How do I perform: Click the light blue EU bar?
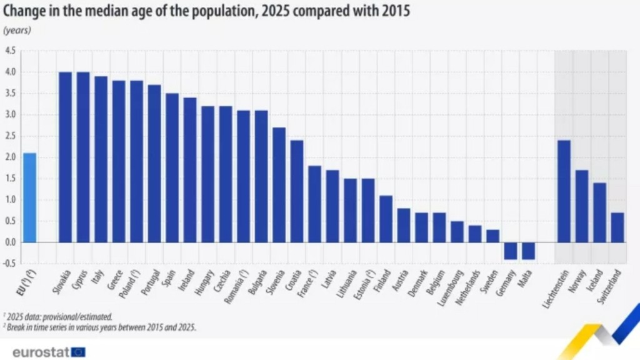pos(29,197)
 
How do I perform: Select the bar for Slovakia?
pos(65,157)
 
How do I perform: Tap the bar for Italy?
pos(101,159)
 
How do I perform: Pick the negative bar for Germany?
pos(511,251)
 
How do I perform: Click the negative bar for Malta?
pos(528,251)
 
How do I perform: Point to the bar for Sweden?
pos(492,236)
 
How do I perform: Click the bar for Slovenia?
pos(279,184)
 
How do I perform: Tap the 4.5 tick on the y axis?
pos(11,51)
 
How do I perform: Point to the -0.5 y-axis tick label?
pos(9,264)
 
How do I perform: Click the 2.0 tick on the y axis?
pos(11,157)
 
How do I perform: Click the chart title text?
pos(206,11)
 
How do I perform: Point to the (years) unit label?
pos(17,30)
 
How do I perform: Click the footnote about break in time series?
pos(100,327)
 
